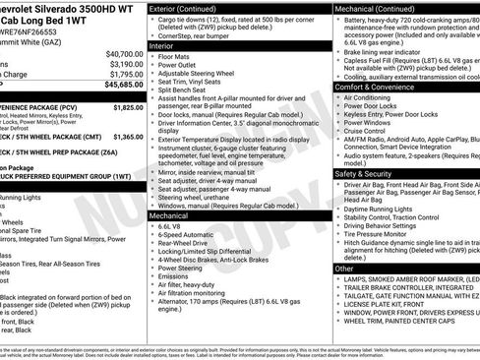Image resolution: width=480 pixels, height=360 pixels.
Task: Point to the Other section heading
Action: (x=344, y=268)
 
